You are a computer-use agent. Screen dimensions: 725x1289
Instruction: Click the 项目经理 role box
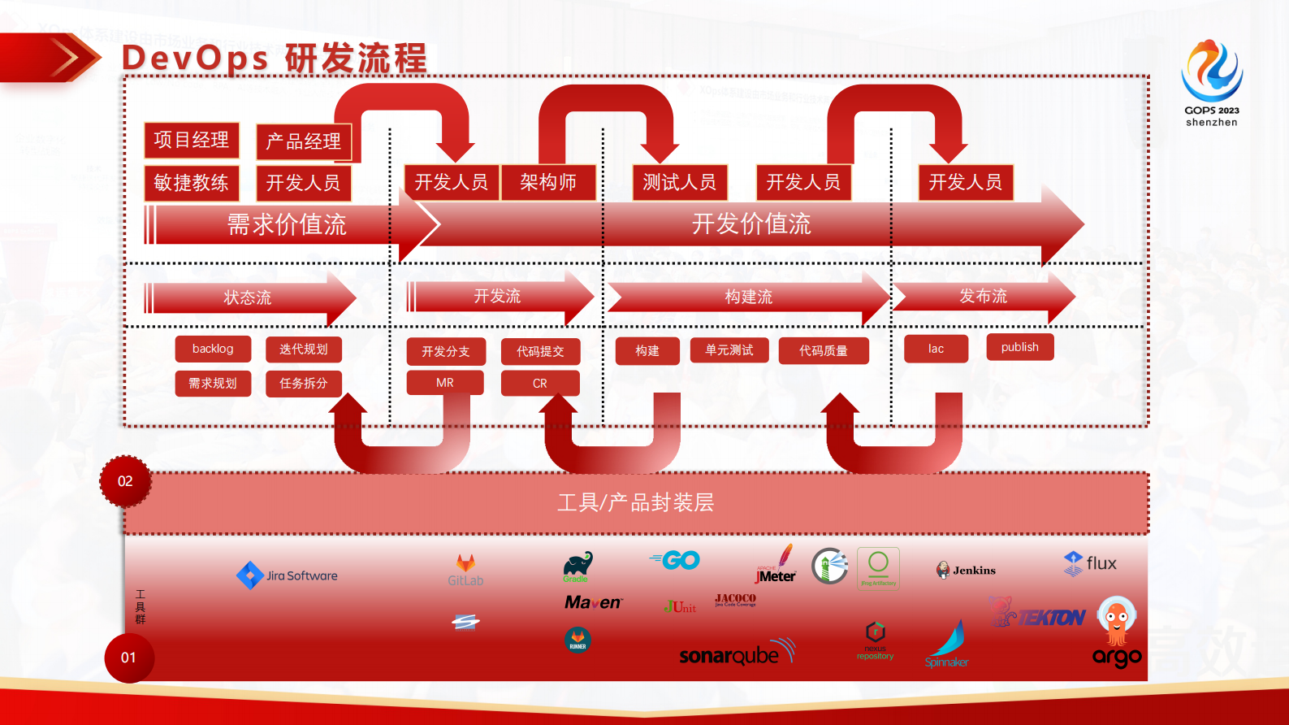tap(192, 140)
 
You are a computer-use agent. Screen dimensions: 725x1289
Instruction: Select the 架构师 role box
tap(548, 182)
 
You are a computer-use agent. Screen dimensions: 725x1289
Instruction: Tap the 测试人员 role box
tap(679, 182)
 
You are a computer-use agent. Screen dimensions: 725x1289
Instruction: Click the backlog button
tap(213, 349)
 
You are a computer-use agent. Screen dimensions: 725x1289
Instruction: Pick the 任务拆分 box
tap(303, 383)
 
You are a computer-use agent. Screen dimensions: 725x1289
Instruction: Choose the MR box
tap(445, 383)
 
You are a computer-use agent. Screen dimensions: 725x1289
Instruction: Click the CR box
tap(540, 383)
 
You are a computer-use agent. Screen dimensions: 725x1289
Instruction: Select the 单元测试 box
tap(729, 350)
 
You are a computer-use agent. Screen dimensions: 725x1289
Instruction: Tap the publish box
tap(1019, 347)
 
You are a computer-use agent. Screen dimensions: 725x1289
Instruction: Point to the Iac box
tap(936, 349)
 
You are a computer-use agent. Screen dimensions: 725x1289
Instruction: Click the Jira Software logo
tap(287, 575)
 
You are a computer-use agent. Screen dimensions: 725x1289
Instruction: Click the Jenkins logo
tap(966, 571)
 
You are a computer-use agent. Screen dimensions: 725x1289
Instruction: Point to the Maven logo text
tap(593, 602)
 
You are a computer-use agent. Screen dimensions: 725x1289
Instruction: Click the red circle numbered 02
tap(125, 481)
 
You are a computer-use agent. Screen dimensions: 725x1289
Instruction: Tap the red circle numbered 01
tap(128, 658)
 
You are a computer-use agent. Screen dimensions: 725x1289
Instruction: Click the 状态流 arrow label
tap(248, 297)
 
